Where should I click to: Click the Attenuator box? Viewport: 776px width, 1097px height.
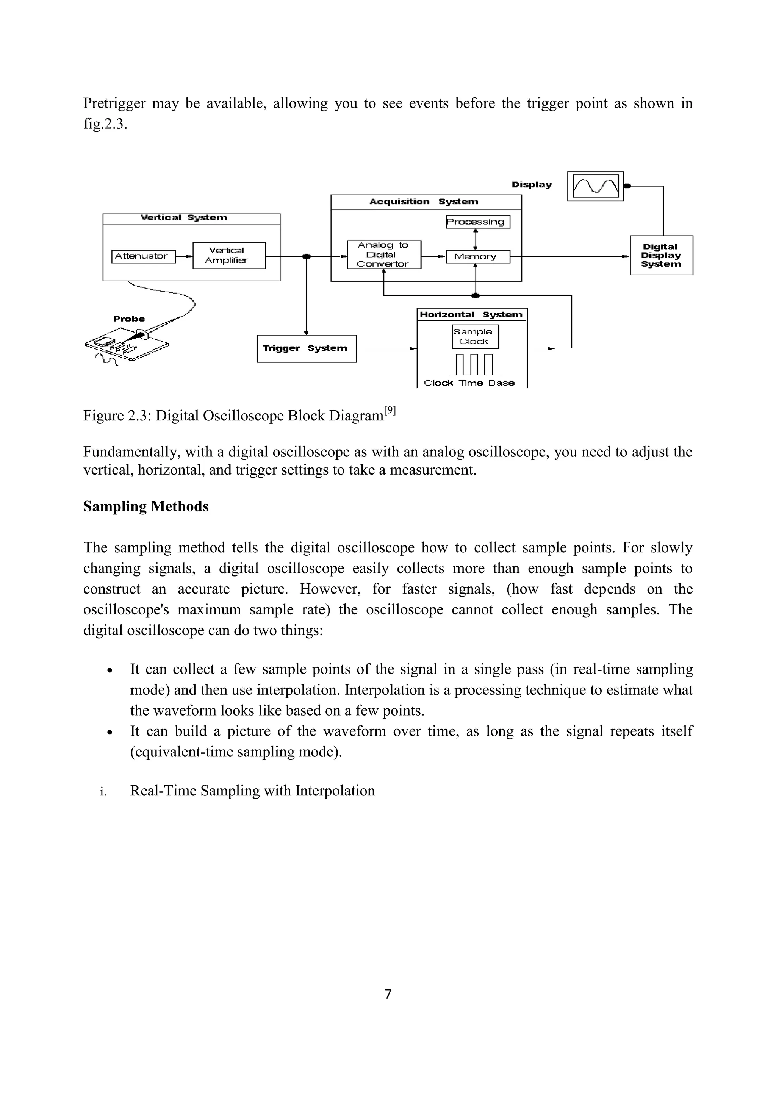143,256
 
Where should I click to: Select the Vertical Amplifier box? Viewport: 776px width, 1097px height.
229,256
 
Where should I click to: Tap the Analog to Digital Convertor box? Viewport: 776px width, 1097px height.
384,255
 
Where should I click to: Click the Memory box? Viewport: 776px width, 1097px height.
477,257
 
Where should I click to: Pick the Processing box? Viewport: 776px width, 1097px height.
477,222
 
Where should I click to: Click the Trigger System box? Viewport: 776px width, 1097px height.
306,348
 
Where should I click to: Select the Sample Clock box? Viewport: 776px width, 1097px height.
474,337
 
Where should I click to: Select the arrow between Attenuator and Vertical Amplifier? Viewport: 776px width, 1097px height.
184,256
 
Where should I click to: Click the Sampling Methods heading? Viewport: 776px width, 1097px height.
146,506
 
